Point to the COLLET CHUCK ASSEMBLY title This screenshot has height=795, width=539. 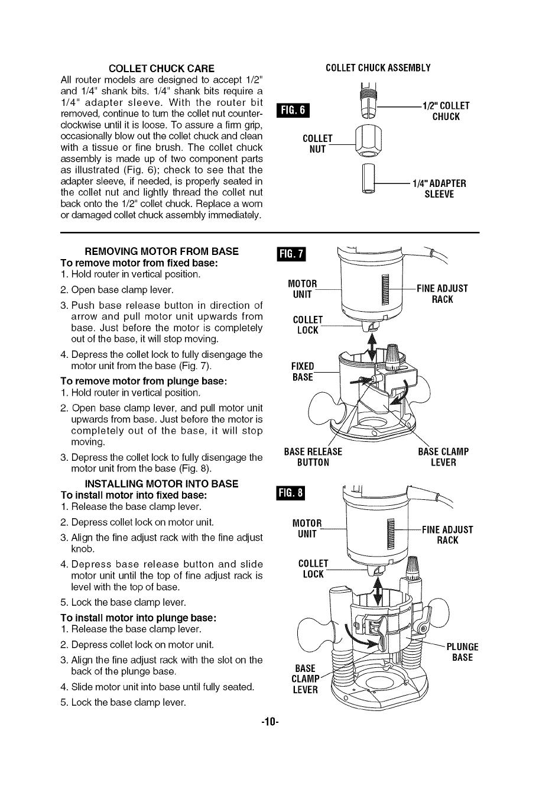coord(378,68)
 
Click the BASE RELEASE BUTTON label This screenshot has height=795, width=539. coord(313,457)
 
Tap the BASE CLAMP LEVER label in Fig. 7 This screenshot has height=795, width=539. coord(443,457)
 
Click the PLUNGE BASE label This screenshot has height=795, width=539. coord(462,652)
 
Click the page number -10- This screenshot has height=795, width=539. coord(269,722)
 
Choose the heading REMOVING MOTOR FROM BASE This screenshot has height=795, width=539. coord(162,251)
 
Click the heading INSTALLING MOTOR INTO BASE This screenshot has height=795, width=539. coord(162,484)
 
